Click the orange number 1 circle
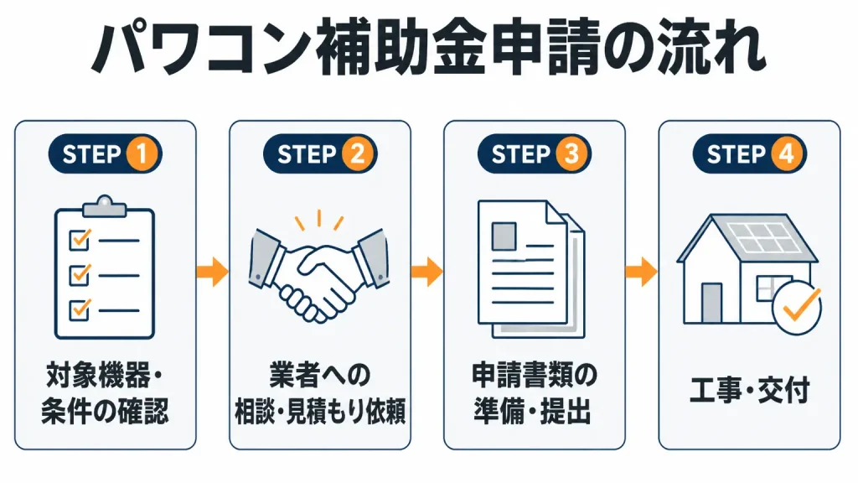[142, 154]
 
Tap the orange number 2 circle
[357, 154]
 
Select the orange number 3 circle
[571, 154]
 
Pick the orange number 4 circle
[786, 154]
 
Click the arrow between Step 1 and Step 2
[212, 272]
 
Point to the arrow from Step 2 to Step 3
[426, 272]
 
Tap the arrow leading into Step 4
[641, 272]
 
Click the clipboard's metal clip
[105, 206]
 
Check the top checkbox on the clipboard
[80, 240]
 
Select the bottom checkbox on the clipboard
[80, 310]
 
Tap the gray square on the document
[504, 236]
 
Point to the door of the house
[712, 302]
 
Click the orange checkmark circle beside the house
[797, 307]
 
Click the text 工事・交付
[750, 391]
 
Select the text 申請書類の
[534, 375]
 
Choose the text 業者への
[319, 375]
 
